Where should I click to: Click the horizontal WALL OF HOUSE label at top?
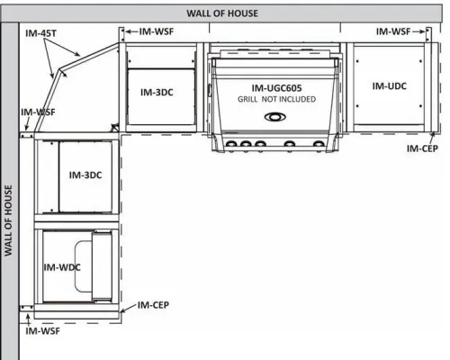222,13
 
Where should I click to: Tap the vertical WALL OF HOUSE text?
8,220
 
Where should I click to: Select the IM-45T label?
40,33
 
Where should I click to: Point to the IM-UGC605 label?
276,88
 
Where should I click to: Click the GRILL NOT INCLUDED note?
276,99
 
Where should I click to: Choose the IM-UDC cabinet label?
390,86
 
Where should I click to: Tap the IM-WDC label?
62,267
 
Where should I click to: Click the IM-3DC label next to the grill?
157,92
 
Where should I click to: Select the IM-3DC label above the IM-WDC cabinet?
85,175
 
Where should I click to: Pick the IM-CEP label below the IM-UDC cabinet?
422,148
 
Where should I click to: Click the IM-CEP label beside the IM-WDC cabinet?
153,305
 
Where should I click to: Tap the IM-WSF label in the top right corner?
393,31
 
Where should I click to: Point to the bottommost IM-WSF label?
42,331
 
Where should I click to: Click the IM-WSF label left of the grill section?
157,31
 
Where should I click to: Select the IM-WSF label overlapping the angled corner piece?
38,112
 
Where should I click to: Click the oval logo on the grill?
275,117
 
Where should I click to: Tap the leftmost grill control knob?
231,145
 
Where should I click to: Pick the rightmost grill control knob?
319,145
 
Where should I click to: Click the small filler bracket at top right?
429,35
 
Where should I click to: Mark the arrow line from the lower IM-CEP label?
129,309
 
